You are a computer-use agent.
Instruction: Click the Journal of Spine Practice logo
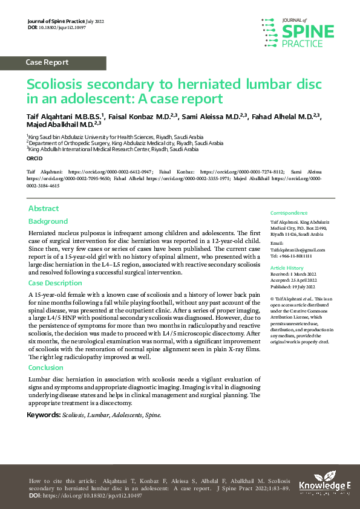point(299,33)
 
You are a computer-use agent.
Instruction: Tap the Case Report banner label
point(47,62)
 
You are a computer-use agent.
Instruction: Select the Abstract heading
point(44,209)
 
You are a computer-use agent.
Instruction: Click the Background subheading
point(48,221)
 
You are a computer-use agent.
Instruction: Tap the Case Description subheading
point(55,283)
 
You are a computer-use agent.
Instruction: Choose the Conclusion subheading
point(46,367)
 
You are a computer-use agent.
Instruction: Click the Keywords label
point(44,415)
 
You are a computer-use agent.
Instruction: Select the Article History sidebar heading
point(287,267)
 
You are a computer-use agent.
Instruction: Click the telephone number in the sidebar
point(293,255)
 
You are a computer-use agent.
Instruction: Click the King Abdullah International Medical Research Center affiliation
point(113,149)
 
